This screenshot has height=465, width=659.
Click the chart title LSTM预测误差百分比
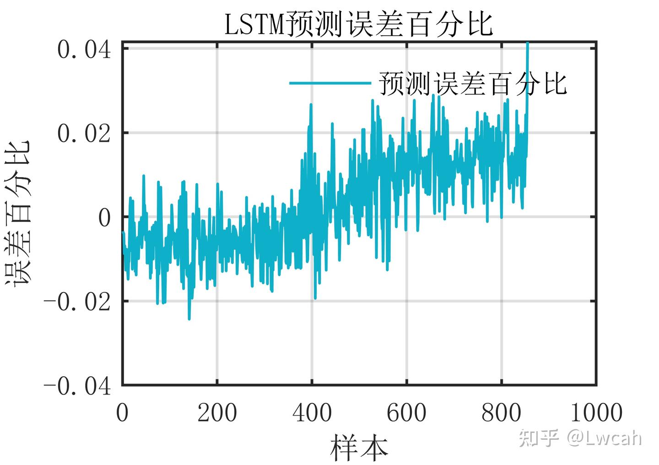tap(358, 25)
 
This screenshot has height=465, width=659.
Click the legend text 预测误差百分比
tap(473, 84)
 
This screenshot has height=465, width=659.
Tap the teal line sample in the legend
tap(329, 83)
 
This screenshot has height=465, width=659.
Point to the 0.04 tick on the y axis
tap(84, 50)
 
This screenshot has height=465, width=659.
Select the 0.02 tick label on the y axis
tap(84, 134)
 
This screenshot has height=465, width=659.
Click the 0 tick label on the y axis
tap(105, 218)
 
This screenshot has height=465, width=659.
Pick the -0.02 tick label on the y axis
tap(77, 302)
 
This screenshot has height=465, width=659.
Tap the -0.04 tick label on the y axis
tap(77, 386)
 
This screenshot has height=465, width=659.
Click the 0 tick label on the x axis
tap(122, 413)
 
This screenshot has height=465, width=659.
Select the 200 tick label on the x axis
tap(217, 413)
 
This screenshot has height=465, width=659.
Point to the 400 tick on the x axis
tap(312, 413)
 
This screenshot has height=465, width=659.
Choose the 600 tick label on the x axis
tap(406, 413)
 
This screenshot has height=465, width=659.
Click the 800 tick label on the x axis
tap(501, 413)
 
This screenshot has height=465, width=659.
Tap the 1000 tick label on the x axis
tap(596, 413)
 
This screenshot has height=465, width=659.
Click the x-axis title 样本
tap(359, 447)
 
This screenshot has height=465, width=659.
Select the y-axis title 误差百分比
tap(18, 213)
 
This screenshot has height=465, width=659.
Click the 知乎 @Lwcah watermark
tap(580, 438)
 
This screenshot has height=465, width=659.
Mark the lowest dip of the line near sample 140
tap(189, 318)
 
